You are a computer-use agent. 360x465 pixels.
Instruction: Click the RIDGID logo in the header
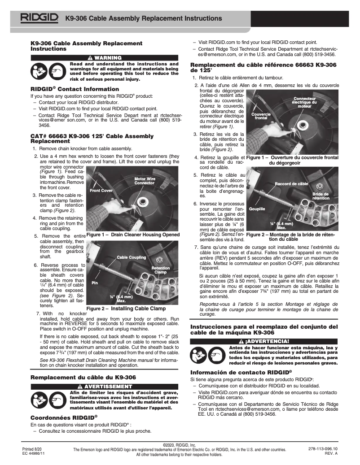[39, 18]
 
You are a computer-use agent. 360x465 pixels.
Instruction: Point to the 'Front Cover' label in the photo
[101, 191]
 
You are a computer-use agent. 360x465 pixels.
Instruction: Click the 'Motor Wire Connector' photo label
[145, 181]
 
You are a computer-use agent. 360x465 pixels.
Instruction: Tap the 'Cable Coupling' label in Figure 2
[132, 257]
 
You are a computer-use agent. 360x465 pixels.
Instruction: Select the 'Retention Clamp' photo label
[160, 270]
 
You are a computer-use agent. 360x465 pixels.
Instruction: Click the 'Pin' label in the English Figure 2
[95, 283]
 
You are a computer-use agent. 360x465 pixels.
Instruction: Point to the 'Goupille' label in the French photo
[257, 209]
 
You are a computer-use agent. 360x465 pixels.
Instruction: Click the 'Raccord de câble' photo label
[291, 184]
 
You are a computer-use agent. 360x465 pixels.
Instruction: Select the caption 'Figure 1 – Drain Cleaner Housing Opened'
[133, 235]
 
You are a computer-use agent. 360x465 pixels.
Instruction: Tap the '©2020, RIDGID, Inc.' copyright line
[180, 444]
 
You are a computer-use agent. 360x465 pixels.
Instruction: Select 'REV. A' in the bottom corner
[330, 453]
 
